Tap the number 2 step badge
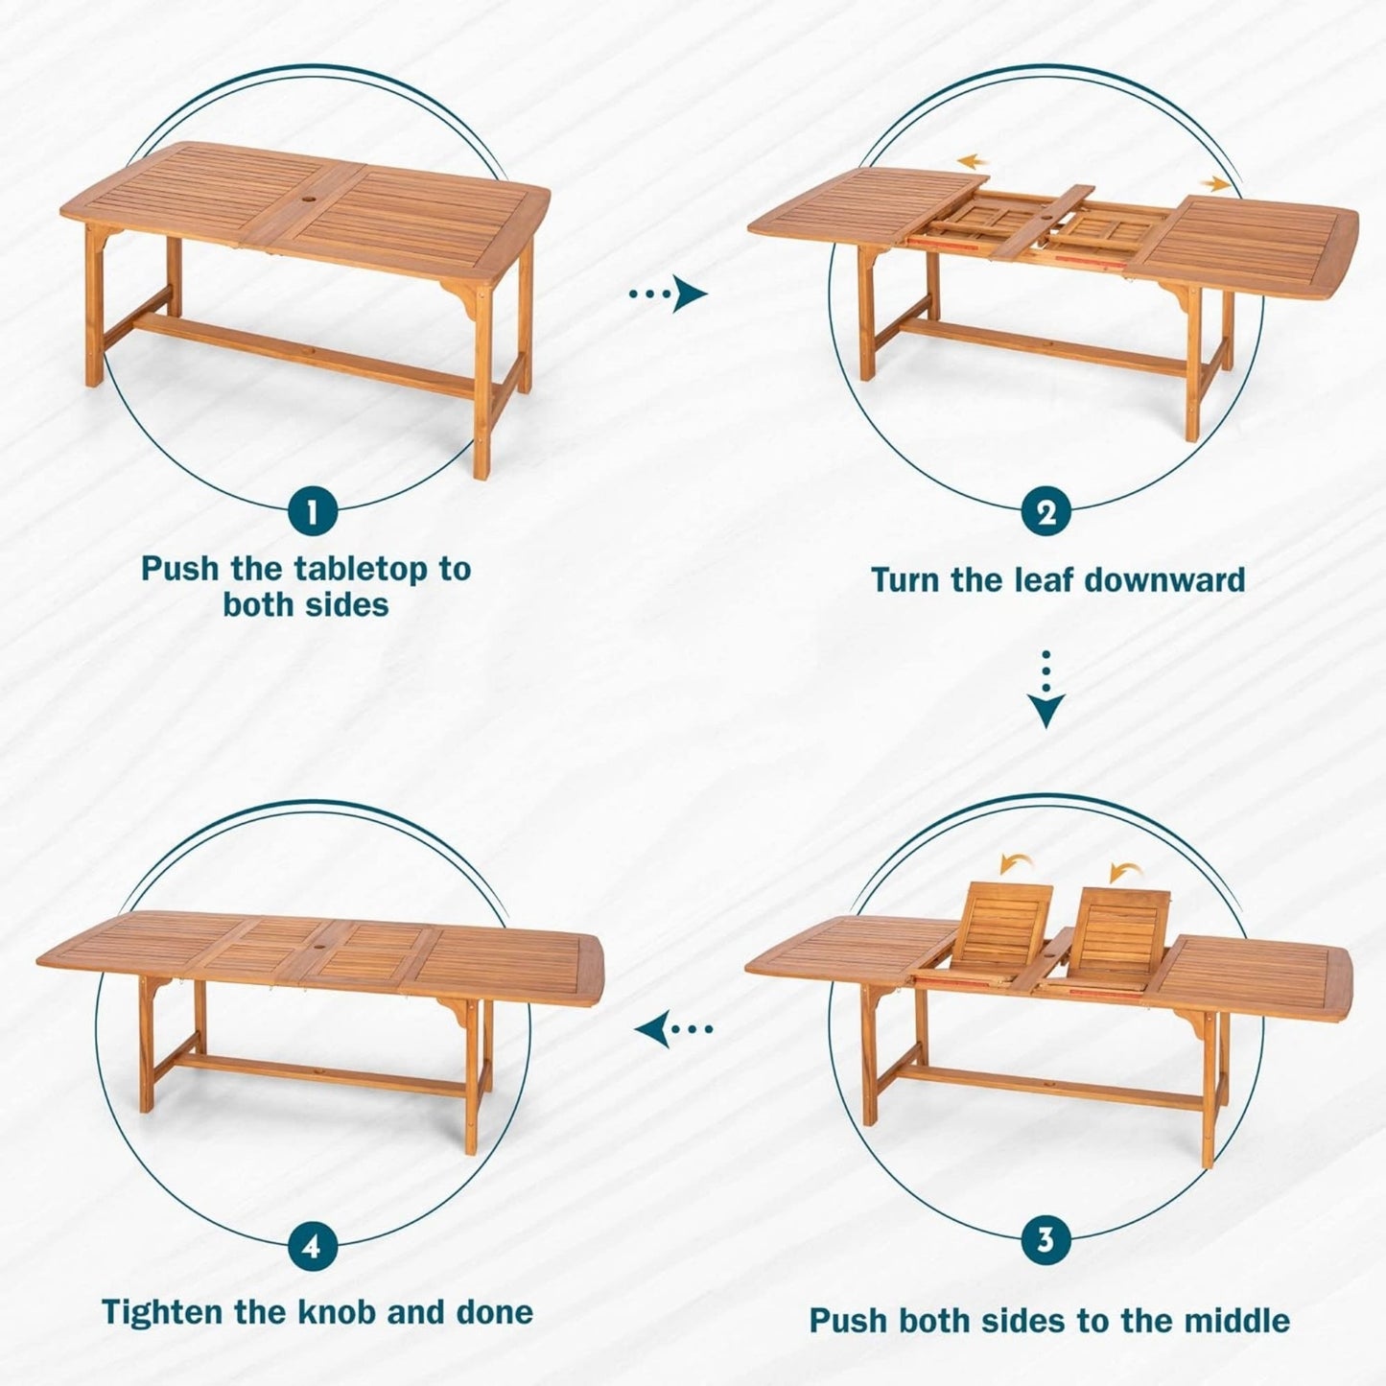click(1046, 514)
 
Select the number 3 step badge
click(1045, 1240)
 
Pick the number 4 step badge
click(311, 1247)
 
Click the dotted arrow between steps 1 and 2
click(668, 294)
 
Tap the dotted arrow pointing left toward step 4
click(674, 1030)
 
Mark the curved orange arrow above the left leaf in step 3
click(1011, 864)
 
